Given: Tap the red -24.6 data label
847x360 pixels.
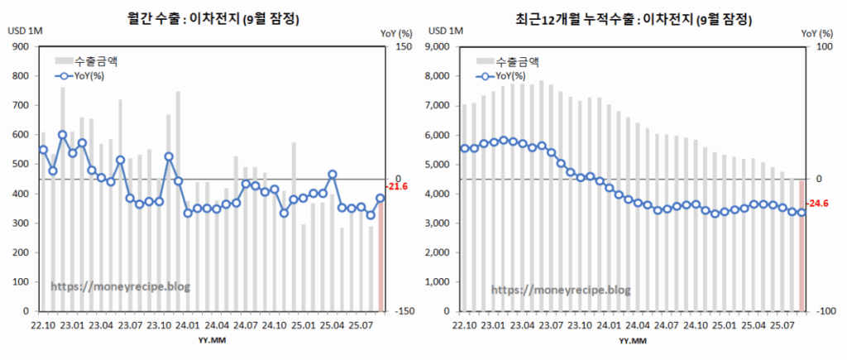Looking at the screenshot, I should (817, 203).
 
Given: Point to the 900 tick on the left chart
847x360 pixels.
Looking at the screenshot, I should (19, 47).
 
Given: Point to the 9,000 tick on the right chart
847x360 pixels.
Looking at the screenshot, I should (439, 47).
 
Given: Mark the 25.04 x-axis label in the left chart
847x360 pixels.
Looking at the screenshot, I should (331, 325).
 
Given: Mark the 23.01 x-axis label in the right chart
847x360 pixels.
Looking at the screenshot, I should (494, 325).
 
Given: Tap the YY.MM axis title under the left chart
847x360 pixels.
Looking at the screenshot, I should (209, 340).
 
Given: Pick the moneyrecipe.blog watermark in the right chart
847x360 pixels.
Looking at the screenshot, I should (561, 290).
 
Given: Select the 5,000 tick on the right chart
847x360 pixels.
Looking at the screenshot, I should (439, 165).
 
